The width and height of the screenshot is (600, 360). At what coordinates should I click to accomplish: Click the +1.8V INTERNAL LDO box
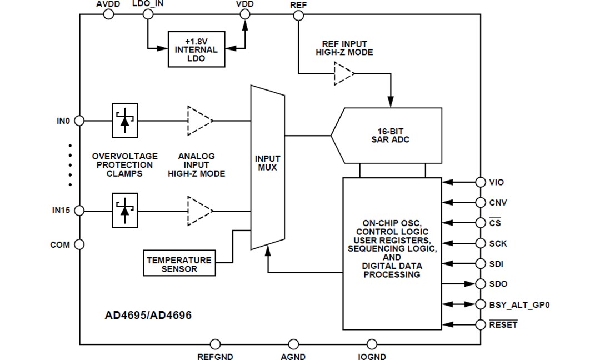(196, 49)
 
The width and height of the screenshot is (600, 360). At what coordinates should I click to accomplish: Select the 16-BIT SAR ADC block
(389, 135)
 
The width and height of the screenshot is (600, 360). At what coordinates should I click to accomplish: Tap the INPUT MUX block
(267, 167)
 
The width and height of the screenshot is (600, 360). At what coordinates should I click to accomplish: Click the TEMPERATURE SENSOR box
(179, 264)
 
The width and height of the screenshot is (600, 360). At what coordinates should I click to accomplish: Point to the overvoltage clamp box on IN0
(125, 120)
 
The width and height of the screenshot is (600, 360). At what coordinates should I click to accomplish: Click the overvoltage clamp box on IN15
(125, 211)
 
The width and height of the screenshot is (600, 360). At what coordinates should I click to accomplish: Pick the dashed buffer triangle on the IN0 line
(199, 120)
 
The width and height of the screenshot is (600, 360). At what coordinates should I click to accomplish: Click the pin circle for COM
(79, 244)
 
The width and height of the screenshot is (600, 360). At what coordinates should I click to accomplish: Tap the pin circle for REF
(298, 15)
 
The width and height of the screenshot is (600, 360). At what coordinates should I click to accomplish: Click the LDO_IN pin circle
(148, 15)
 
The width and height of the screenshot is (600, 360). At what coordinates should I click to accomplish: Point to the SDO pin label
(498, 284)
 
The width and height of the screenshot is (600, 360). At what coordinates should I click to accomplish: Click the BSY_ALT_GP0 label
(519, 304)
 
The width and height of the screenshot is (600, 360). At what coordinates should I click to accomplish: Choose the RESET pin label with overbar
(503, 324)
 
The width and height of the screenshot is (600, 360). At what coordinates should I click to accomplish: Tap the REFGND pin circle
(215, 344)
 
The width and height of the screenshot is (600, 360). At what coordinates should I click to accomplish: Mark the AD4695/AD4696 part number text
(148, 316)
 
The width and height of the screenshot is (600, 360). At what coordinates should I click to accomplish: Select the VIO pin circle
(481, 182)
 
